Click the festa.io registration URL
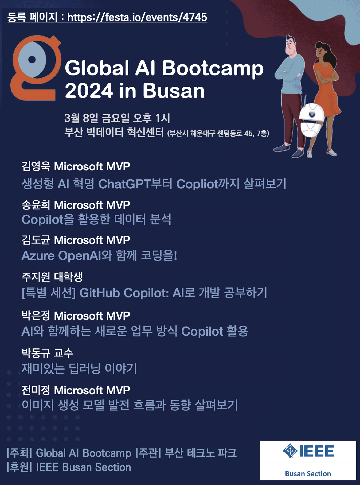137,17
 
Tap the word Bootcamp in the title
212,69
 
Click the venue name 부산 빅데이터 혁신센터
114,132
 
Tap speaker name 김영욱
36,166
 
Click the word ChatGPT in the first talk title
124,184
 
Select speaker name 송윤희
36,205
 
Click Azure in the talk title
38,256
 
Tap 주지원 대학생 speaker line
52,277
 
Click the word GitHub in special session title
99,293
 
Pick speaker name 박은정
36,316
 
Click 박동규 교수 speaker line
47,353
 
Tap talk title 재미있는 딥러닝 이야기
79,368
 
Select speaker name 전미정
36,390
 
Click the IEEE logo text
316,451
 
